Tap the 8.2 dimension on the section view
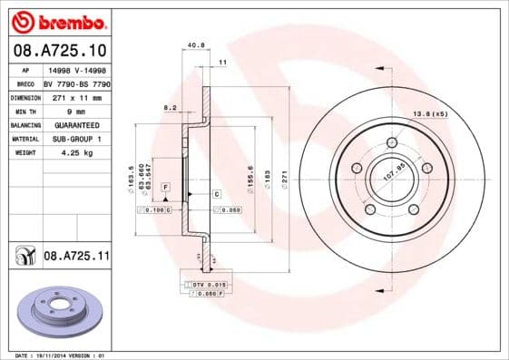tap(169, 108)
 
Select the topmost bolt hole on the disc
tap(392, 142)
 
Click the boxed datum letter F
tap(165, 188)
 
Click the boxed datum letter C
tap(217, 194)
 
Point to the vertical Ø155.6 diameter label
tap(250, 178)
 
